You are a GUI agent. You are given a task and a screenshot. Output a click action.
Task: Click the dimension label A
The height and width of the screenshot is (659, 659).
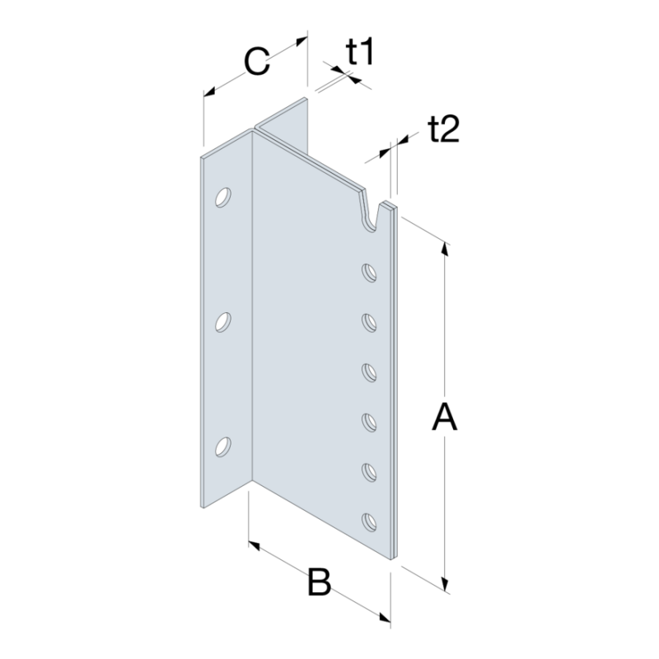tap(444, 417)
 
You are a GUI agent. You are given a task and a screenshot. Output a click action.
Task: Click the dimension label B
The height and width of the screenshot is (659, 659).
tap(320, 582)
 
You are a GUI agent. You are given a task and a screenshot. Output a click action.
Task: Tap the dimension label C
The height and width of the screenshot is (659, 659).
tap(256, 63)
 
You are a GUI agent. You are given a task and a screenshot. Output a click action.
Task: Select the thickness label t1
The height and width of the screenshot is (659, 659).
tap(360, 52)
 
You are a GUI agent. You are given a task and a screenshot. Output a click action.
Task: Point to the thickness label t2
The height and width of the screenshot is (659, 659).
tap(443, 129)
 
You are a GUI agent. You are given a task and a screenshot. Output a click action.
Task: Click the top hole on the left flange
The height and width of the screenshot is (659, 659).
tap(222, 197)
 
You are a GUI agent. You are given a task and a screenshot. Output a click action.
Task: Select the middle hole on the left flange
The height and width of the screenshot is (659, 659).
tap(222, 322)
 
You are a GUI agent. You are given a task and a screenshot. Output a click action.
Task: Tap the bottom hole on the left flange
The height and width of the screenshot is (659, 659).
tap(222, 446)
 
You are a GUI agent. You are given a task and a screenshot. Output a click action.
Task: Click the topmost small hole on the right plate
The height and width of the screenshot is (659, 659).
tap(369, 273)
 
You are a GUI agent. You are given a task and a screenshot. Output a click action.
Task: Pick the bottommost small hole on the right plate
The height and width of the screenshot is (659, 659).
tap(369, 523)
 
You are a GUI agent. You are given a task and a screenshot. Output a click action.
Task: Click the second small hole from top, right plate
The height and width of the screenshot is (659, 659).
tap(369, 323)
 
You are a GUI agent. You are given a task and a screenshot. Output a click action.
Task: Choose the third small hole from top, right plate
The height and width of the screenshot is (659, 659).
tap(369, 373)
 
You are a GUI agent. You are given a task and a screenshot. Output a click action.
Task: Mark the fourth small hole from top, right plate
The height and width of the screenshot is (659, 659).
tap(369, 423)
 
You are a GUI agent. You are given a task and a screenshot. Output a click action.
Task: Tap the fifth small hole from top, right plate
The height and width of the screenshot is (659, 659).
tap(369, 473)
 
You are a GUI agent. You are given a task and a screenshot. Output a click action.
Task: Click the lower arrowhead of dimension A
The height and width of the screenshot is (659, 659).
tap(445, 583)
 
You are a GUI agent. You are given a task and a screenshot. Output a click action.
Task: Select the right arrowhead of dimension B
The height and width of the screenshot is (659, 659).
tap(384, 617)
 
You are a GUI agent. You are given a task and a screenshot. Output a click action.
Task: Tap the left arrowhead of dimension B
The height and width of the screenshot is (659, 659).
tap(255, 546)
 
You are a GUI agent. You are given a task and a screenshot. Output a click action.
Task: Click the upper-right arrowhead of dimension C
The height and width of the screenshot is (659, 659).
tap(301, 40)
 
